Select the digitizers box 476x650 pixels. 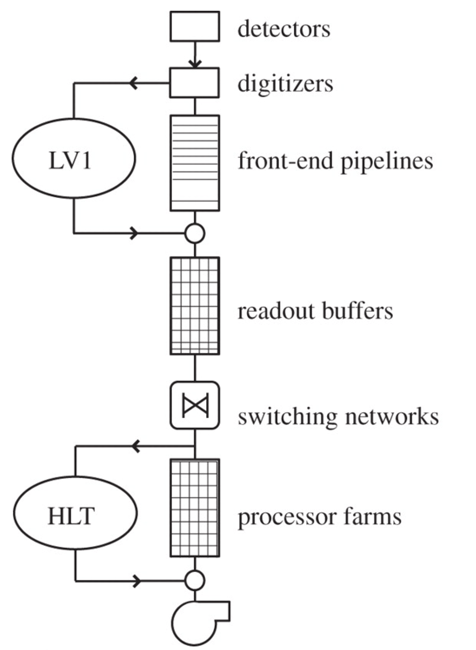pos(195,83)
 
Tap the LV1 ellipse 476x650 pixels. pos(73,159)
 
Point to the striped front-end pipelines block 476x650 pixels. pos(195,163)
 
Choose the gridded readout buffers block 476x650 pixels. pos(195,306)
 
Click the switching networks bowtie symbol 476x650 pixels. pos(195,405)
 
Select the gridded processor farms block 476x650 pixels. pos(195,508)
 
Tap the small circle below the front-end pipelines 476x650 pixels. pos(195,233)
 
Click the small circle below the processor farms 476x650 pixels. pos(195,581)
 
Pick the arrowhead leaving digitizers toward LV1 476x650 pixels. pos(133,83)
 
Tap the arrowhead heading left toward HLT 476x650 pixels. pos(136,446)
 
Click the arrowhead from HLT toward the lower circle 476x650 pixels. pos(136,581)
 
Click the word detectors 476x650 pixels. pos(284,29)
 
